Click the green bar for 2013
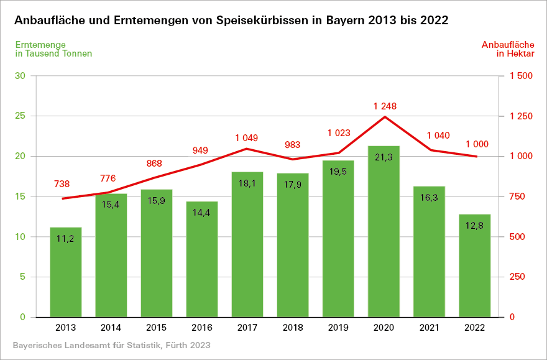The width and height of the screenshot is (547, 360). click(x=66, y=272)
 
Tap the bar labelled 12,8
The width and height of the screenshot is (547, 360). click(x=475, y=265)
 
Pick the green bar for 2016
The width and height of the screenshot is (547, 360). click(x=202, y=259)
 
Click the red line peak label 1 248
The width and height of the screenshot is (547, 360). click(x=385, y=106)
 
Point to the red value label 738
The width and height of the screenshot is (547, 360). click(x=62, y=184)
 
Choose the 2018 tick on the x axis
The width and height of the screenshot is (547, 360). click(x=293, y=327)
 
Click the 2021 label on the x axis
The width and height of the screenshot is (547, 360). click(x=430, y=327)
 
